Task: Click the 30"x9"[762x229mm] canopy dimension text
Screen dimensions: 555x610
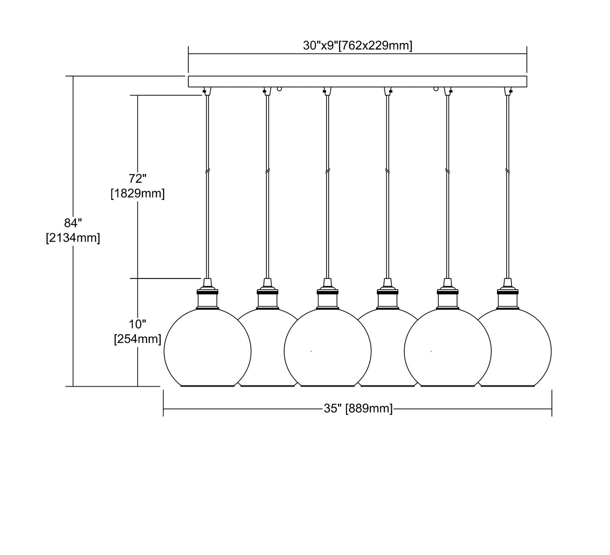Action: pos(357,46)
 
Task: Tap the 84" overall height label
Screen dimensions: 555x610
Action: pos(73,222)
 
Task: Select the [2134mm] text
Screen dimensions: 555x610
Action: pos(73,238)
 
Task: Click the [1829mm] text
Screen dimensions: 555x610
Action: pos(138,194)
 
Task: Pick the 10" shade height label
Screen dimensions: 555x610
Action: pos(137,324)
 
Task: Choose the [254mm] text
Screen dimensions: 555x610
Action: pos(137,338)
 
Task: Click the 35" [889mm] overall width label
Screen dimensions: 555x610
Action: pos(358,409)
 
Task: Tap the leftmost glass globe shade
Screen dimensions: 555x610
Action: pos(207,350)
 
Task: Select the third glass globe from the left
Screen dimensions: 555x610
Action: pos(327,350)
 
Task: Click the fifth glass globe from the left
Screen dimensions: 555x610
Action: pos(447,350)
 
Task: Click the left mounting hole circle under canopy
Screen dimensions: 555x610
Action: pos(279,88)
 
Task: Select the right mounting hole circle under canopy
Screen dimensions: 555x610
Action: pos(436,88)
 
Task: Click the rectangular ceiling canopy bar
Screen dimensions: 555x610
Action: pos(357,81)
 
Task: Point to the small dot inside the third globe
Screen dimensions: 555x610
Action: pos(311,350)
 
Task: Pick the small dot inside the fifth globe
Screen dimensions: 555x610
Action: pos(431,350)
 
